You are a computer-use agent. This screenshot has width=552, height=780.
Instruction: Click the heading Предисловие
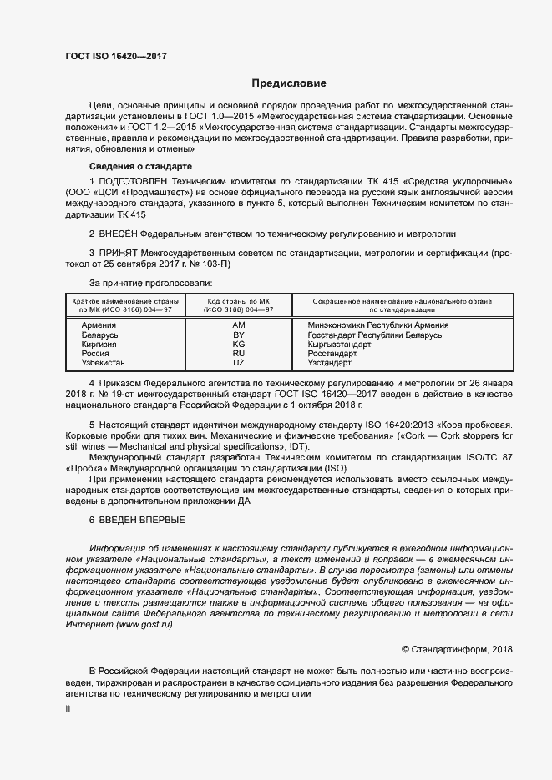pos(289,83)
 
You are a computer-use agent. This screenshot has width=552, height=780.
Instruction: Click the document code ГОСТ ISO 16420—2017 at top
pos(116,55)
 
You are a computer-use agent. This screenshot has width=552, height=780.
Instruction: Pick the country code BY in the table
pos(239,335)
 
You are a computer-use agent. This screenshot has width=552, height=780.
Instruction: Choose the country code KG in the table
pos(239,345)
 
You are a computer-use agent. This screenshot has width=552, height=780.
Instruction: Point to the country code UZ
pos(239,364)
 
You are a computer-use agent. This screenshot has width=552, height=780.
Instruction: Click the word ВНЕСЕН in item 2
pos(117,233)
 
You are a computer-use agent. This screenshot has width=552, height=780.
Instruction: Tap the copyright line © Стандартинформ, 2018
pos(446,648)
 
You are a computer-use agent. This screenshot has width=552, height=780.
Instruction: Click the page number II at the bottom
pos(68,708)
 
